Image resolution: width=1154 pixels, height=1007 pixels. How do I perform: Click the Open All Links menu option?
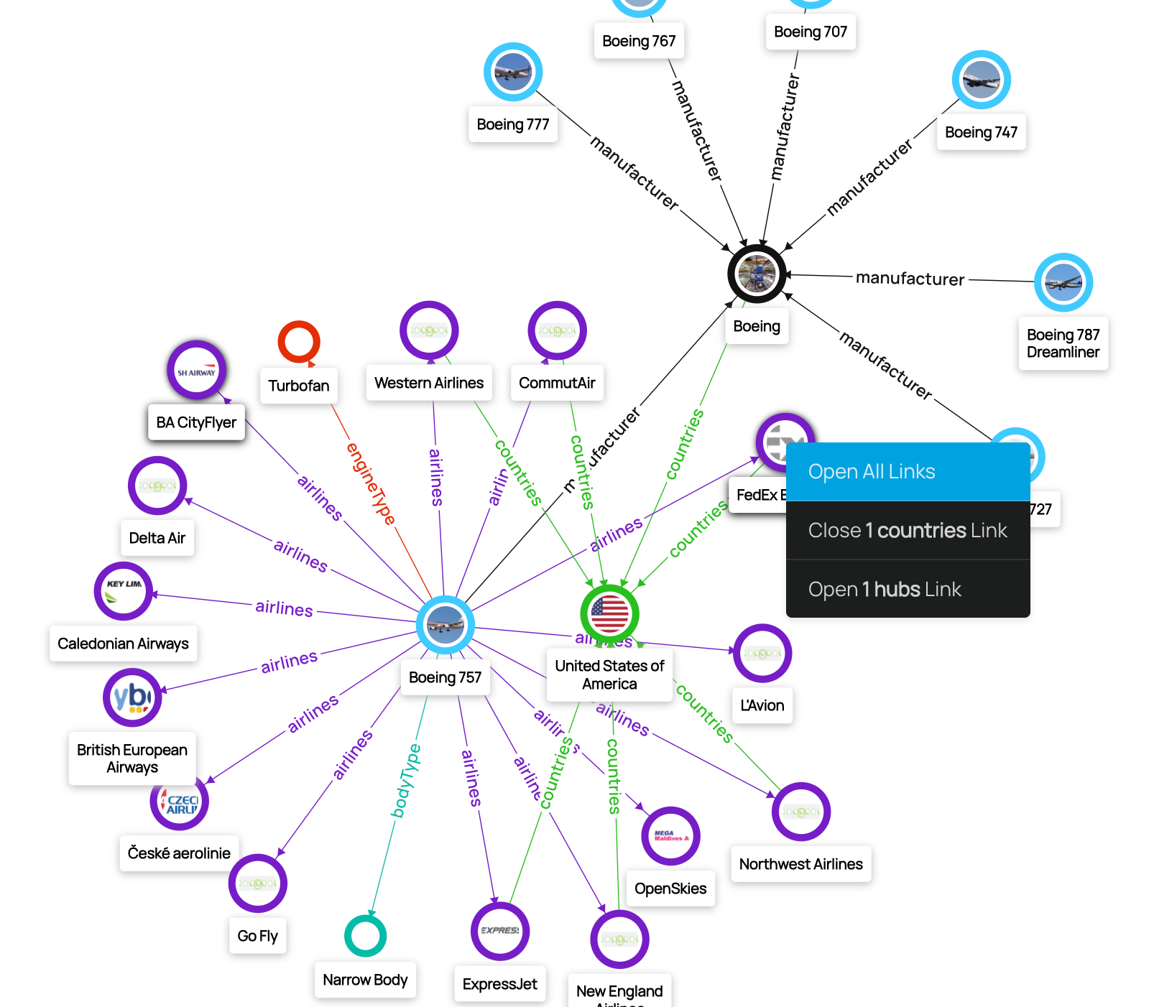(908, 472)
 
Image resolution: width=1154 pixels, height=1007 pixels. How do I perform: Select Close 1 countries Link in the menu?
(908, 531)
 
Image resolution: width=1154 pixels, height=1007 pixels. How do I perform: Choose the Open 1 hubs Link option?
(908, 590)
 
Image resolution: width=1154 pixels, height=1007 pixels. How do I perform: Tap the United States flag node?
(609, 614)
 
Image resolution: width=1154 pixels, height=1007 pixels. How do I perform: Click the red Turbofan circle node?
(298, 342)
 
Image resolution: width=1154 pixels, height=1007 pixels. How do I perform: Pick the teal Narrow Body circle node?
(365, 936)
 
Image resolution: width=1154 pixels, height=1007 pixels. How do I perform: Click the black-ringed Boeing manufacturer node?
(757, 274)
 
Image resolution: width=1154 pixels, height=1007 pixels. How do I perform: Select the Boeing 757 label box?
(445, 677)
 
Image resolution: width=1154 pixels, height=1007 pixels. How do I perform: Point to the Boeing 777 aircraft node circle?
(513, 72)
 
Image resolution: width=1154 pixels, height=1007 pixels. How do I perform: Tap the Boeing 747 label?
(981, 132)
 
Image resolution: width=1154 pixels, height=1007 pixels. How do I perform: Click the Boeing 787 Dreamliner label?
(1063, 343)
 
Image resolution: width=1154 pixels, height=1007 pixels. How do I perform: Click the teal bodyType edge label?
(406, 781)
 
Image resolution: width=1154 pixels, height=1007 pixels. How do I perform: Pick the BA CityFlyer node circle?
(196, 371)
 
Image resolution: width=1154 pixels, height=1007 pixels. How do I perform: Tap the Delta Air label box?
(157, 538)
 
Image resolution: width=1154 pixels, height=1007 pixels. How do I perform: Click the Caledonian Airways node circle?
(124, 591)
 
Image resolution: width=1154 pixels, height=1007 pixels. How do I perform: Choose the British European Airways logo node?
(132, 697)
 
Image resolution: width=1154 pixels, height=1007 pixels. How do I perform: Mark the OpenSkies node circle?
(670, 836)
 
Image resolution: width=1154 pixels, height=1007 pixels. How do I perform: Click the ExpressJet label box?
(499, 984)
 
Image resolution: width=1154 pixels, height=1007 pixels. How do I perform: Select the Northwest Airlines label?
(800, 864)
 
